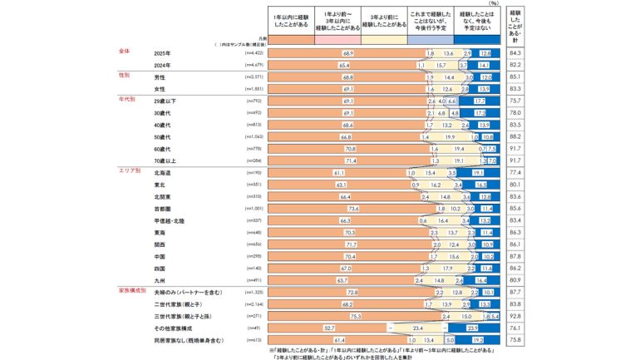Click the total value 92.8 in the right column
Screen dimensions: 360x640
click(514, 316)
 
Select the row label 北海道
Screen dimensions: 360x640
click(163, 172)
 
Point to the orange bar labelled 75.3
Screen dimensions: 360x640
click(355, 316)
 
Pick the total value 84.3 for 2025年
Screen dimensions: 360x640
click(514, 52)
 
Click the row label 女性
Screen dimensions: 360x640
click(160, 88)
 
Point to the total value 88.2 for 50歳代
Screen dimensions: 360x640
click(514, 136)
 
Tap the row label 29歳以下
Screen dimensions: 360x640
click(166, 101)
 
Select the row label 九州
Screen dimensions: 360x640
click(160, 281)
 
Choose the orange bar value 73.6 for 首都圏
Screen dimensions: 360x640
click(352, 209)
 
